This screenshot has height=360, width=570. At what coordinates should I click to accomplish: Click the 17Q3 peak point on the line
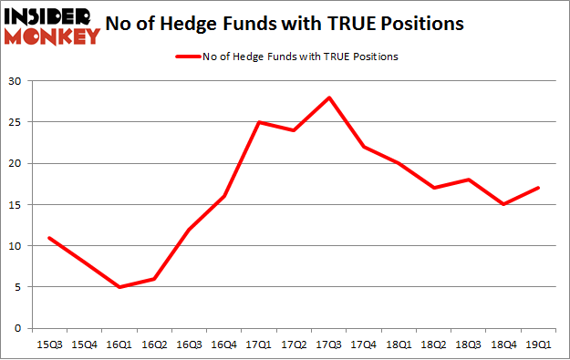[329, 98]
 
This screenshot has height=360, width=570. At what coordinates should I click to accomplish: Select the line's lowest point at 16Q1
[119, 287]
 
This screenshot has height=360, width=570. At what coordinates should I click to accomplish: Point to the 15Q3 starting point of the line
[49, 238]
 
